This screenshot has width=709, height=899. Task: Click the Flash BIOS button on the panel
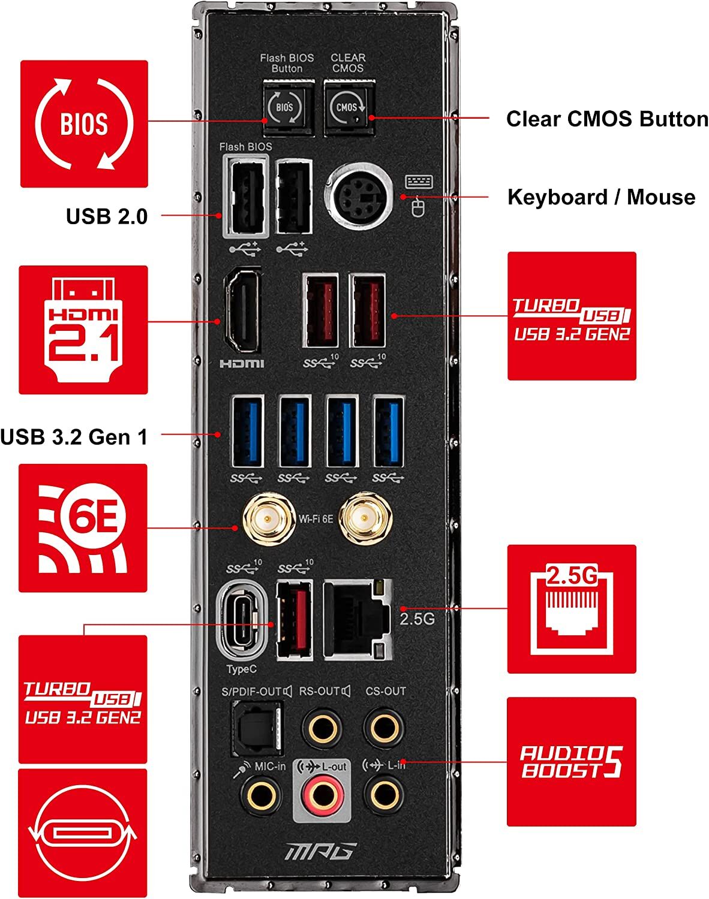(x=289, y=107)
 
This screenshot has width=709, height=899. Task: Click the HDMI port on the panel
(x=242, y=311)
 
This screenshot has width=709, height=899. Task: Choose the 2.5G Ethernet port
(x=358, y=620)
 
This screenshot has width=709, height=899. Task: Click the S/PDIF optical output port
(x=257, y=729)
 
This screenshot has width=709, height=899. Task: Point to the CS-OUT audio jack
(x=384, y=728)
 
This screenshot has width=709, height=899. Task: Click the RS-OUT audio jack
(x=322, y=728)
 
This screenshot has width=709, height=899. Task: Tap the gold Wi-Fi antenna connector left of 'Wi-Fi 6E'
(x=269, y=519)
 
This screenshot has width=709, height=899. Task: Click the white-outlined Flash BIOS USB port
(x=246, y=196)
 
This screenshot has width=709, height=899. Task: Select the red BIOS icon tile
(x=84, y=123)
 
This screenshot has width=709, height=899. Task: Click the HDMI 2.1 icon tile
(x=83, y=330)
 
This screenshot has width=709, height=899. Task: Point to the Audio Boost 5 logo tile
(x=572, y=762)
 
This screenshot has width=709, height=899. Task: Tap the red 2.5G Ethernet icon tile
(x=572, y=609)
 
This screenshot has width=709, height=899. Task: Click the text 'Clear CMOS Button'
(x=607, y=119)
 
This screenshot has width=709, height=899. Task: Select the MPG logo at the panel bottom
(x=321, y=852)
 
